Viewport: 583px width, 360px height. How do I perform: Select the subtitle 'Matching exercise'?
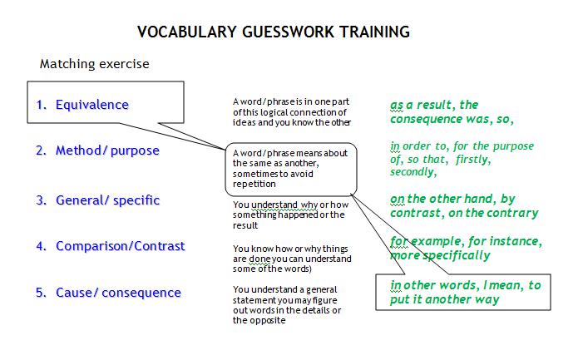pos(95,64)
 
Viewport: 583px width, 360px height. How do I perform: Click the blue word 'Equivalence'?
pos(92,105)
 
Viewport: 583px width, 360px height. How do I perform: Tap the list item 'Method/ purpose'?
pos(107,150)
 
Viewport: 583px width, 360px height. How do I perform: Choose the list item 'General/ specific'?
pos(108,200)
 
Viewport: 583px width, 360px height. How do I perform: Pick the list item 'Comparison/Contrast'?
pos(121,246)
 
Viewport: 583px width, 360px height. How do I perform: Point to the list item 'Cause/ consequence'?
pos(118,293)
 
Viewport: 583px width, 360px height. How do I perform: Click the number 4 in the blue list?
pos(40,246)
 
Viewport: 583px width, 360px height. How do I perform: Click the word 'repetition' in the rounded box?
pos(254,185)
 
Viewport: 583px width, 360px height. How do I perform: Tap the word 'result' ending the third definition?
pos(245,225)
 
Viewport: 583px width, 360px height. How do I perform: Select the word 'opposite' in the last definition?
pos(267,321)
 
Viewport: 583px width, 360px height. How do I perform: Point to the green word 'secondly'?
pos(412,172)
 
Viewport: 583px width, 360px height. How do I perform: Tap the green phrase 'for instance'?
pos(503,241)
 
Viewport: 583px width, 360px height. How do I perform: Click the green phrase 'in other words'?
pos(432,285)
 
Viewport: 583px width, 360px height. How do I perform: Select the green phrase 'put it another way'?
pos(445,299)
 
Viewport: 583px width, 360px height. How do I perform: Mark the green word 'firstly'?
pos(472,160)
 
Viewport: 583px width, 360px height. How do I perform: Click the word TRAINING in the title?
pos(375,32)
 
